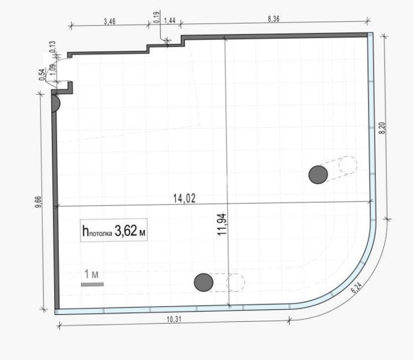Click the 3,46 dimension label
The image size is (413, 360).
[x=110, y=21]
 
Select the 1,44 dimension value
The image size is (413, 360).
[x=169, y=21]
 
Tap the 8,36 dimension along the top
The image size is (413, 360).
[x=273, y=19]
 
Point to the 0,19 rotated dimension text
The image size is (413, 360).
[x=156, y=17]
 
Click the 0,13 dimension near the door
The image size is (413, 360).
[x=52, y=46]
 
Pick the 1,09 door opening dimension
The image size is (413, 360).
[x=52, y=70]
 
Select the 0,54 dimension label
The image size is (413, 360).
[x=42, y=75]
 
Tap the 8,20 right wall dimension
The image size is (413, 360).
[x=382, y=128]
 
